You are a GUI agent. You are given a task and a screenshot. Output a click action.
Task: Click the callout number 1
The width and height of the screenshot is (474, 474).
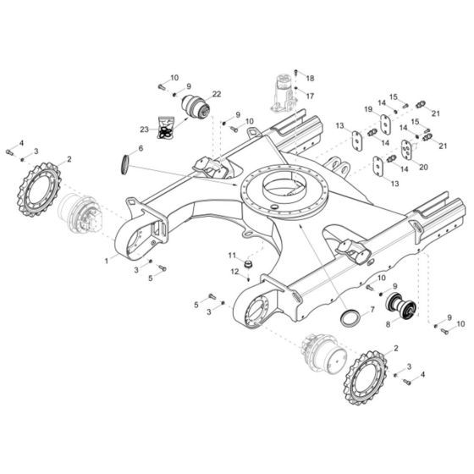[x=106, y=262]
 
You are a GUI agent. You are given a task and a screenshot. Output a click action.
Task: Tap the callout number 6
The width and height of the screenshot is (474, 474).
[x=141, y=149]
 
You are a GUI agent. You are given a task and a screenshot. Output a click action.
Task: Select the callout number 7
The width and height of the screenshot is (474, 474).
[x=369, y=311]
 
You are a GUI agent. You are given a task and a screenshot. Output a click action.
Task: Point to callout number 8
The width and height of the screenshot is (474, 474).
[x=387, y=323]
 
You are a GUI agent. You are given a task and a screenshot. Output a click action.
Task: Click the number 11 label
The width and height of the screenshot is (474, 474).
[x=232, y=255]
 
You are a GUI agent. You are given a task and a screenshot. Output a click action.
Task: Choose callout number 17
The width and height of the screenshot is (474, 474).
[x=310, y=96]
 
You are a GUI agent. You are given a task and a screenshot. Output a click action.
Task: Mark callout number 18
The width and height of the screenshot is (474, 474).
[x=310, y=77]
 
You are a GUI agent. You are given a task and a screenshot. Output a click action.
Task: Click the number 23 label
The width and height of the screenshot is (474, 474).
[x=144, y=130]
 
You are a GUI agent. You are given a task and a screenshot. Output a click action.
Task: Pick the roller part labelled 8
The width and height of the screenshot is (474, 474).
[x=399, y=306]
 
